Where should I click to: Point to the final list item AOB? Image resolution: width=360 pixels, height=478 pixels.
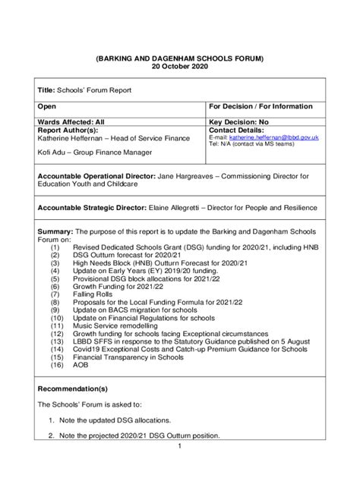coord(80,365)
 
